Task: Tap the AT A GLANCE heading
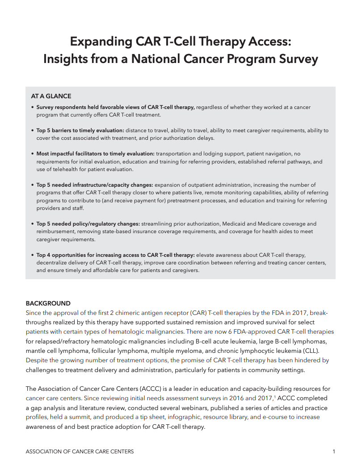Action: (x=51, y=96)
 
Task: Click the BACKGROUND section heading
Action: (x=48, y=303)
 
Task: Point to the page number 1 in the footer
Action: (x=334, y=452)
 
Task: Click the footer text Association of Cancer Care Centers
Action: (x=80, y=452)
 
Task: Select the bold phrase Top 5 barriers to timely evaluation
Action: (x=80, y=130)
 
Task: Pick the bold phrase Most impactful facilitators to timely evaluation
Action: (x=95, y=154)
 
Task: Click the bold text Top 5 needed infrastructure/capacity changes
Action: (x=95, y=185)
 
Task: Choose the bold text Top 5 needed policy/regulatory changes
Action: (x=88, y=223)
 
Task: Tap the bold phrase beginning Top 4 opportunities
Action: (x=116, y=255)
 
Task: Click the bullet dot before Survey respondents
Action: (x=32, y=108)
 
